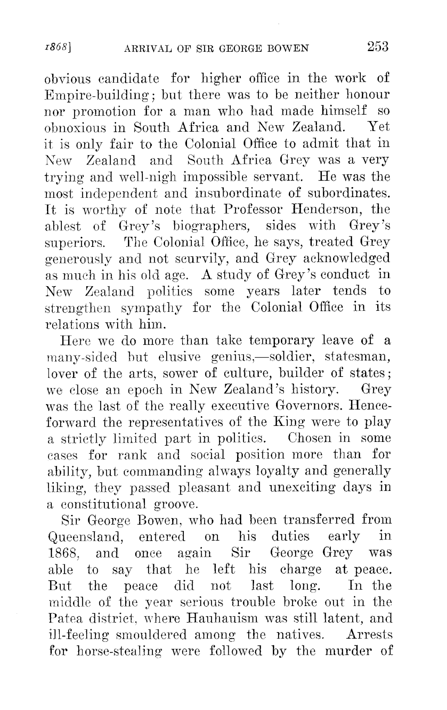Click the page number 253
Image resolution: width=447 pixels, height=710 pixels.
pyautogui.click(x=377, y=47)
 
